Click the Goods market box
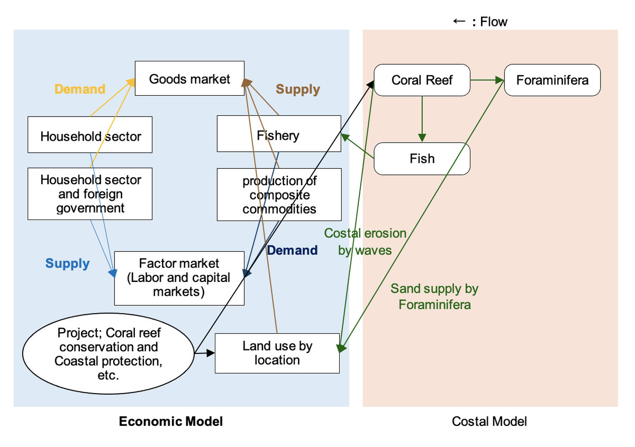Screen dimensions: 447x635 tap(189, 79)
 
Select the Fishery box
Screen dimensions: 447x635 tap(279, 135)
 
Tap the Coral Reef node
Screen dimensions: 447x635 tap(422, 80)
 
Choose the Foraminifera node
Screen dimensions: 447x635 tap(552, 80)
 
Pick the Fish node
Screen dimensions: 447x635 tap(422, 159)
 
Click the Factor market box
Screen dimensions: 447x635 tap(179, 278)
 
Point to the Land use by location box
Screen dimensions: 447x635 tap(277, 353)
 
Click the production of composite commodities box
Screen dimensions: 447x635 tap(279, 195)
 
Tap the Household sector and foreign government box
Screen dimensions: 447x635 tap(90, 194)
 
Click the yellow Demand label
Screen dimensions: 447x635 tap(80, 89)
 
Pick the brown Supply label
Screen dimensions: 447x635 tap(298, 89)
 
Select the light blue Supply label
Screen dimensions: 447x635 tap(67, 263)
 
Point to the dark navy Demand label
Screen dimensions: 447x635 tap(292, 250)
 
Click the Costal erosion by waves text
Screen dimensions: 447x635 tap(365, 241)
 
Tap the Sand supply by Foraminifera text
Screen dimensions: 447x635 tap(434, 296)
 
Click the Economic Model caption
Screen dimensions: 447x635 tap(171, 422)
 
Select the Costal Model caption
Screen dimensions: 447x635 tap(489, 422)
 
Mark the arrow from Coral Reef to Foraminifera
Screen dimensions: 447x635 tap(487, 80)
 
